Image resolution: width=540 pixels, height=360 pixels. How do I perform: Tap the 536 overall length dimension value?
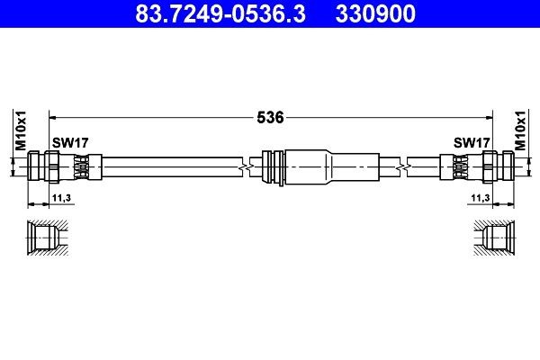click(x=270, y=117)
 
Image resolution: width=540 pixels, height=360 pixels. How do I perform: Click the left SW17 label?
click(x=69, y=142)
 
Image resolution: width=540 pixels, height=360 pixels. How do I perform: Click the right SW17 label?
click(x=471, y=142)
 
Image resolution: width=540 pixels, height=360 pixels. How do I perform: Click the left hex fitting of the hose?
click(x=45, y=166)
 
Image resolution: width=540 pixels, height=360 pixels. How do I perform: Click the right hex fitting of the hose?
click(x=495, y=166)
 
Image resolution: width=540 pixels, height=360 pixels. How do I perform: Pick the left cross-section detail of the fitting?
click(x=46, y=238)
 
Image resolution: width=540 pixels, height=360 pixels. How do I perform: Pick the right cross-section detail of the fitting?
click(x=494, y=238)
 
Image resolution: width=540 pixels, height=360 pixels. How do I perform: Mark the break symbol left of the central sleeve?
click(x=243, y=166)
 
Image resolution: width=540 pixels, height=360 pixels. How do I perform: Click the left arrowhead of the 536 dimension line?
click(x=51, y=117)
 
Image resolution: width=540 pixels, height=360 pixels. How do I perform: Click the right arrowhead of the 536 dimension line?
click(x=489, y=117)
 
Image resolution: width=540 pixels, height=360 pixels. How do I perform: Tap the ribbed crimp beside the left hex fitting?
click(x=82, y=166)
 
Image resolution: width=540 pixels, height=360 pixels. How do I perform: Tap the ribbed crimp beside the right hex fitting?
click(x=458, y=166)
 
